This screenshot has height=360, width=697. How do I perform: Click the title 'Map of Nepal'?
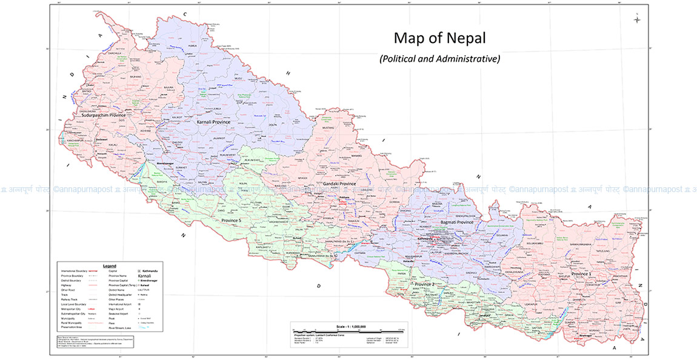[439, 38]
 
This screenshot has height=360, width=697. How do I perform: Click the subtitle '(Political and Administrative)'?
[439, 59]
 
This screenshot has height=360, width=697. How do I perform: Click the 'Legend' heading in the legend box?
[110, 266]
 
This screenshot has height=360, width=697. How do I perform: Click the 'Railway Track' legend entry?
[71, 299]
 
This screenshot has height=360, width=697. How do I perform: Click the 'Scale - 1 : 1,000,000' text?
[348, 327]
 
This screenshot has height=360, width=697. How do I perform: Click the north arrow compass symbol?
[637, 20]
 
